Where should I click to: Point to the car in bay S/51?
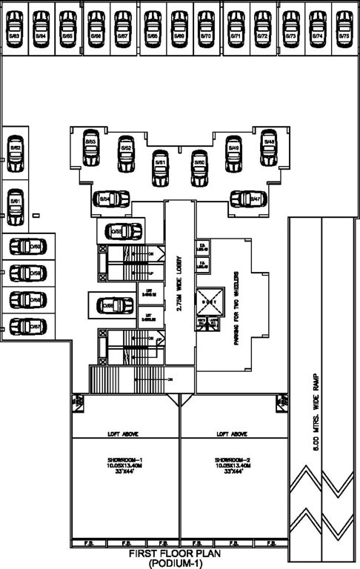point(160,168)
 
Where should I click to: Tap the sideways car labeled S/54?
point(111,199)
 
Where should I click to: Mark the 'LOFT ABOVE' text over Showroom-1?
point(124,433)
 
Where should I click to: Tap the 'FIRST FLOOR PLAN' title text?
point(179,554)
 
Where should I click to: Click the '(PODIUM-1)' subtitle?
point(180,564)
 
